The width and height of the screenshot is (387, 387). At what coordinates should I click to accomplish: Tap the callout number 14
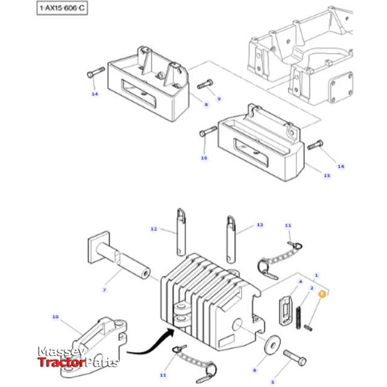pos(94,95)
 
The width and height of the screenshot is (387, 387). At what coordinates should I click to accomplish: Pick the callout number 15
pos(327,175)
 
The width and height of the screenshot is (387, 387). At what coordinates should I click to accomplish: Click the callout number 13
pos(260,226)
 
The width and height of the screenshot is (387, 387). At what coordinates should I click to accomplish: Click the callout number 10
pos(55,317)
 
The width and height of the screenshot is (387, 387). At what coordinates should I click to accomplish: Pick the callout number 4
pos(299,280)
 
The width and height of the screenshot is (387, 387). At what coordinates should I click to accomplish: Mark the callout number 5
pos(273,380)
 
